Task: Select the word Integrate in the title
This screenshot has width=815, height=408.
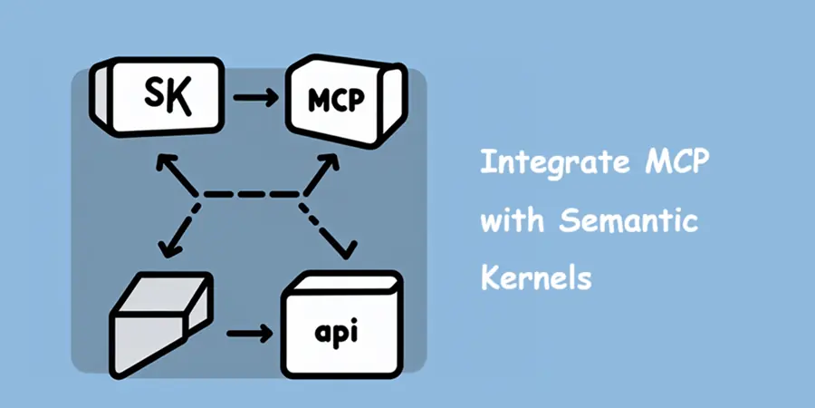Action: [542, 166]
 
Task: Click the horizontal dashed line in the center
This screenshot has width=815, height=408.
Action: [250, 193]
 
